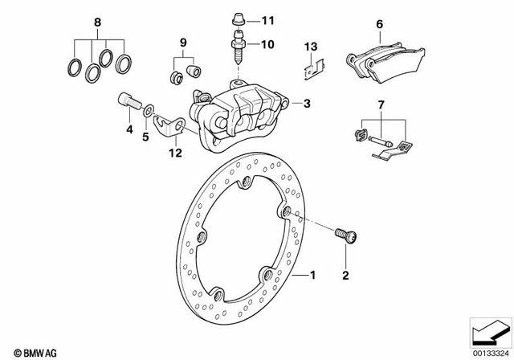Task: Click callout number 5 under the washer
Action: [146, 137]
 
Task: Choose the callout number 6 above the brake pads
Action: [380, 25]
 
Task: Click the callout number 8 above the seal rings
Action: [100, 22]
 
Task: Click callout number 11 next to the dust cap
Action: [267, 19]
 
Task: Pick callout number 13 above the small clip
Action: [314, 44]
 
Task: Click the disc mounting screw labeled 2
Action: [347, 235]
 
